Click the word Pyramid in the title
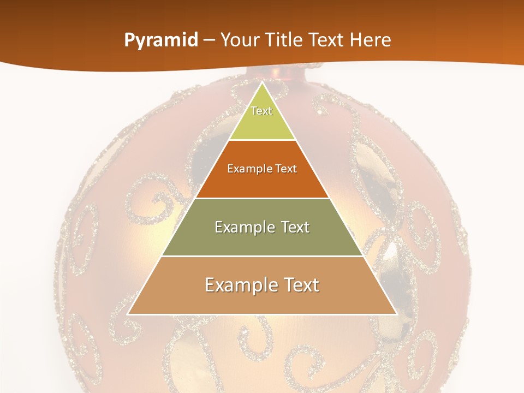[x=161, y=40]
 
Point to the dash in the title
[x=209, y=40]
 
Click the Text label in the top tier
[x=261, y=111]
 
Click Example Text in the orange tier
[x=262, y=169]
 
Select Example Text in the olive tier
[x=262, y=227]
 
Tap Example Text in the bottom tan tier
[x=262, y=285]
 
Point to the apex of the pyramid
[x=262, y=84]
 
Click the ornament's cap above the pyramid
[x=284, y=72]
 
